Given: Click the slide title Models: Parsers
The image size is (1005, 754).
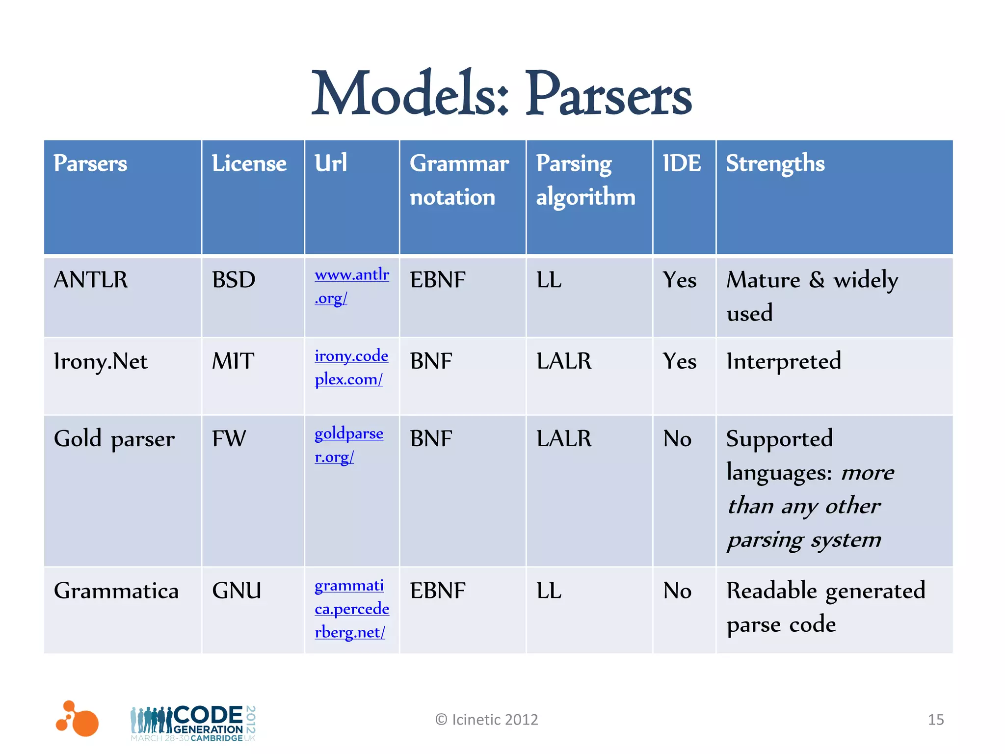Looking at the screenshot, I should (502, 93).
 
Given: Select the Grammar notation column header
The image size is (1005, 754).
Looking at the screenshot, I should (459, 180).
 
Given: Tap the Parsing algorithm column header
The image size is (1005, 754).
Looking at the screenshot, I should (585, 180).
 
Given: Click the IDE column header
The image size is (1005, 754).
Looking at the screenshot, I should (682, 163).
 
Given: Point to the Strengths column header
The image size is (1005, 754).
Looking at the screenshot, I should (775, 163).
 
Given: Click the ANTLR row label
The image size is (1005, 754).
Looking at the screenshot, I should (91, 280).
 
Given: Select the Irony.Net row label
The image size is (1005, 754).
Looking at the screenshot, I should (101, 361).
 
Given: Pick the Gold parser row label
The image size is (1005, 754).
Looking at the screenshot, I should (114, 438).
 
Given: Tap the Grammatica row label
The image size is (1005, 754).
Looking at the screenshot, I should (116, 591).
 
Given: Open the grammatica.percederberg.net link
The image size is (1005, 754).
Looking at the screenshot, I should (351, 609).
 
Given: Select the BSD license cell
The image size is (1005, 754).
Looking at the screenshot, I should (234, 280).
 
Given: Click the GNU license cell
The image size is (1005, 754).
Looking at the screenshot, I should (237, 591).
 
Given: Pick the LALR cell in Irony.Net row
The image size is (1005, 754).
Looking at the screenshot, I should (564, 361).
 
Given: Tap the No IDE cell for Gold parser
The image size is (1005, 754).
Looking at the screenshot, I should (677, 438).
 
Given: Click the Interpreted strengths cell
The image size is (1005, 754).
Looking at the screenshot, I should (784, 361).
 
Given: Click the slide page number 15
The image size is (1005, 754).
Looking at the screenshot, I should (935, 720).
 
